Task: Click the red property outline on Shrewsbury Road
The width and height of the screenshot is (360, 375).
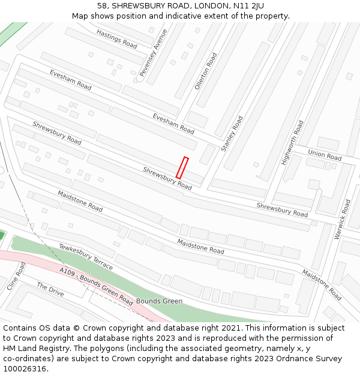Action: pos(182,167)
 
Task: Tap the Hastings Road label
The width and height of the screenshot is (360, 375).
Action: pos(116,39)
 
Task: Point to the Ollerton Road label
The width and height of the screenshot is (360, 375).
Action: pos(206,71)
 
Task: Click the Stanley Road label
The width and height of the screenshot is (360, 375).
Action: pos(232,134)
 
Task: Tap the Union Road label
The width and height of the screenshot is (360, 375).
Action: pos(325,155)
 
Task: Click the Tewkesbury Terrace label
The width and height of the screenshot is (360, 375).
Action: pos(86,256)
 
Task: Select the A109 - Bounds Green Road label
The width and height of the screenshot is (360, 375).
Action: pos(96,286)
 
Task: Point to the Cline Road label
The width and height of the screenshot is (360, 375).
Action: pos(17,275)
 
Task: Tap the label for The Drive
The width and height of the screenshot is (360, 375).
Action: pos(50,289)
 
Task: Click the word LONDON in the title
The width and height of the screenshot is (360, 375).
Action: pos(208,6)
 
